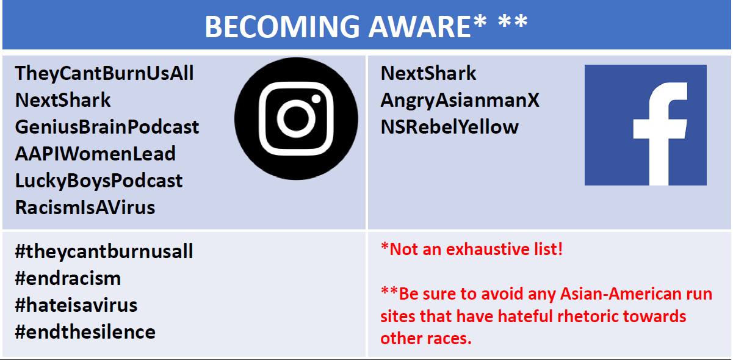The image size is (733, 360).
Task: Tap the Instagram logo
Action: (296, 118)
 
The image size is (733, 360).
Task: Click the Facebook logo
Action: (646, 125)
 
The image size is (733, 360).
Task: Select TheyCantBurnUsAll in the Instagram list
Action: (104, 73)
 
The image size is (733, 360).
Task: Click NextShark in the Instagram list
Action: (63, 100)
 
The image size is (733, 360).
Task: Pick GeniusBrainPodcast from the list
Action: (107, 127)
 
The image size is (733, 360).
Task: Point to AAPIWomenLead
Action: (95, 154)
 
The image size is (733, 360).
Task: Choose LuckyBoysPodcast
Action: (99, 181)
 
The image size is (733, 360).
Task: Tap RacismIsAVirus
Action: (85, 207)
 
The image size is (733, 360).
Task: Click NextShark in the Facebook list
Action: (428, 73)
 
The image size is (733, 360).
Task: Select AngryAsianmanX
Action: (460, 100)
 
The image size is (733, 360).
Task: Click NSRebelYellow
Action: (450, 127)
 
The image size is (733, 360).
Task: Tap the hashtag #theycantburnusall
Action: (104, 251)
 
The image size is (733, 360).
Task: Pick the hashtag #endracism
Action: (68, 278)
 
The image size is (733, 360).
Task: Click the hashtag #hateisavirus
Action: (76, 305)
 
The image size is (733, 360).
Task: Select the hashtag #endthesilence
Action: (85, 332)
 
